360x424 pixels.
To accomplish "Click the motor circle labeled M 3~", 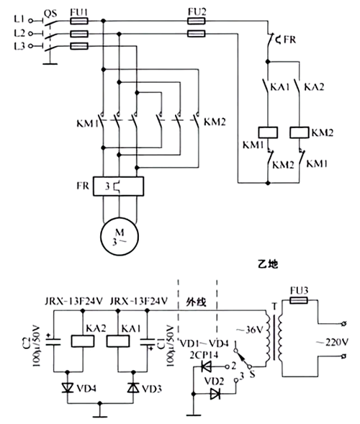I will click(118, 233).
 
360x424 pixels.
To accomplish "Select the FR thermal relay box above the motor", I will click(118, 186).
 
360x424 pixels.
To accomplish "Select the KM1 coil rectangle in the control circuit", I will click(269, 132).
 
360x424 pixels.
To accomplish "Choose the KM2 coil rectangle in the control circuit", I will click(300, 132).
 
